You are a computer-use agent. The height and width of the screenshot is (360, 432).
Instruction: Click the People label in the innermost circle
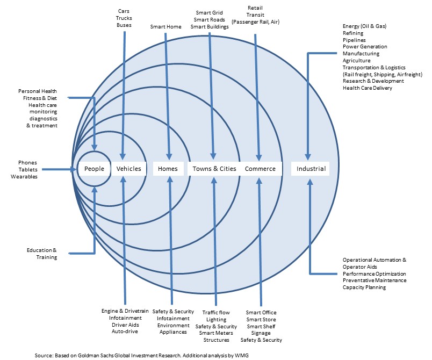pyautogui.click(x=94, y=169)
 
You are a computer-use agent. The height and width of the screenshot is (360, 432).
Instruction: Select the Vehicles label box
pyautogui.click(x=128, y=169)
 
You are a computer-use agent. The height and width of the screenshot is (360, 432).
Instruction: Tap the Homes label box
pyautogui.click(x=168, y=169)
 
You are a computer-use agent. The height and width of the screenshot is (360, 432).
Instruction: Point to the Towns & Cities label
pyautogui.click(x=214, y=169)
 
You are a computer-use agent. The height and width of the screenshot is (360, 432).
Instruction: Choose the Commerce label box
pyautogui.click(x=260, y=169)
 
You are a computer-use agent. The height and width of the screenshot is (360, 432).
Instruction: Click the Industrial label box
pyautogui.click(x=311, y=169)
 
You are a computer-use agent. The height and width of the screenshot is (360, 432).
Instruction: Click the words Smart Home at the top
pyautogui.click(x=166, y=26)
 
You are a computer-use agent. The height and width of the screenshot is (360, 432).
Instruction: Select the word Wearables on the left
pyautogui.click(x=24, y=176)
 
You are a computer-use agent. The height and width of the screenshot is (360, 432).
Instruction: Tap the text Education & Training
pyautogui.click(x=41, y=254)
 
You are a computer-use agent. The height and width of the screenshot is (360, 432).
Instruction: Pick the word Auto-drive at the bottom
pyautogui.click(x=124, y=332)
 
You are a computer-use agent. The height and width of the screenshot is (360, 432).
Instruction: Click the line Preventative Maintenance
pyautogui.click(x=374, y=280)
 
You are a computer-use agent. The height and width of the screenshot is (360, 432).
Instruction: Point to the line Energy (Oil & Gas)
pyautogui.click(x=364, y=26)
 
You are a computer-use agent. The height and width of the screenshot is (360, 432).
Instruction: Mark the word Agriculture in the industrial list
pyautogui.click(x=356, y=61)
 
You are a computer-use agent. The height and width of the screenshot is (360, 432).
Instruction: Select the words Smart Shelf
pyautogui.click(x=260, y=326)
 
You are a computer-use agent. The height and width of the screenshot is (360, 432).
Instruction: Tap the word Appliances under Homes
pyautogui.click(x=172, y=332)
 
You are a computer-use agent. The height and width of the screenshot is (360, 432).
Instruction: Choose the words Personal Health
pyautogui.click(x=38, y=91)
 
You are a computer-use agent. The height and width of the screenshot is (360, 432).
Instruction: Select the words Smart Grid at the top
pyautogui.click(x=210, y=13)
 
